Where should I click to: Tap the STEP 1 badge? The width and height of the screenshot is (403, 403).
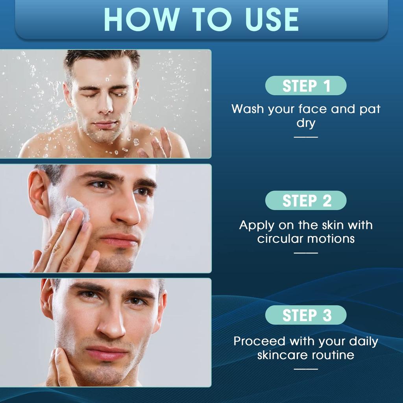click(306, 86)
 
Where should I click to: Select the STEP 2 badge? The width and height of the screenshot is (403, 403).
click(306, 201)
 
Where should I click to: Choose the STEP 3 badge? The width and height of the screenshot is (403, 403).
click(306, 315)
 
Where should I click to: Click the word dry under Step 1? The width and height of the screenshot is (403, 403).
click(306, 123)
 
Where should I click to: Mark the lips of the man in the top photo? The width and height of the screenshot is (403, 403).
click(104, 125)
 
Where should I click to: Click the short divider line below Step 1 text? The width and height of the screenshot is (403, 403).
click(306, 137)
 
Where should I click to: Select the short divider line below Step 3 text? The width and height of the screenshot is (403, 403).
click(306, 369)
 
